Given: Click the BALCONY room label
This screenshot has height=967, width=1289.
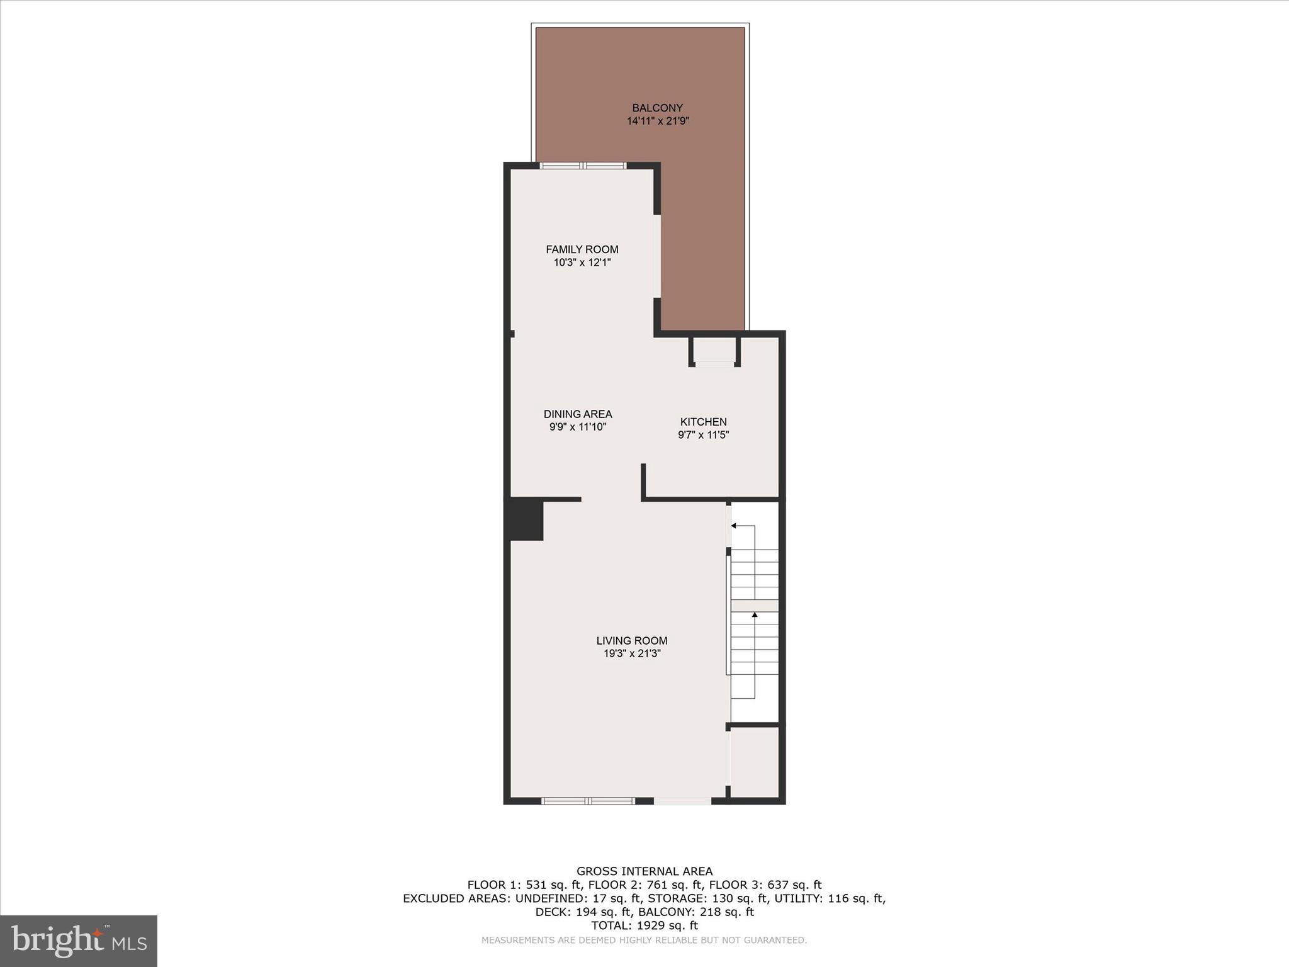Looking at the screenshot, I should click(657, 108).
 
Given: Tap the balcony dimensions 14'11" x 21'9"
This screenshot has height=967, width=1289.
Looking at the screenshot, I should click(658, 121).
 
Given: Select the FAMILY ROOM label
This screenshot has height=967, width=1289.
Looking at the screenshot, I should click(582, 249).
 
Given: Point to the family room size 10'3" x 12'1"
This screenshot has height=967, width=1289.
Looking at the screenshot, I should click(582, 263).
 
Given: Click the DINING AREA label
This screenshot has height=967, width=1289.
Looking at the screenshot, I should click(578, 414).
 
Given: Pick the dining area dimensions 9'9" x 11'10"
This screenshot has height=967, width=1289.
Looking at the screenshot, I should click(578, 427).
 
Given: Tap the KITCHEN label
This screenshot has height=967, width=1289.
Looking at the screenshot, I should click(703, 422).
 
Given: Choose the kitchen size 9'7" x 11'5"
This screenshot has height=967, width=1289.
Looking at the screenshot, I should click(703, 434).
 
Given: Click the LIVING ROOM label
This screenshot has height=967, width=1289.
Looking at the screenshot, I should click(632, 641).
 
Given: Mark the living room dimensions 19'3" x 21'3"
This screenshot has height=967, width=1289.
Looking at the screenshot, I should click(632, 653).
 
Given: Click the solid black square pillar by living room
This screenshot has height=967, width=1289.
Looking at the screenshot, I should click(526, 519).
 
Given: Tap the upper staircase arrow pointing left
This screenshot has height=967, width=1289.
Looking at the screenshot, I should click(735, 526).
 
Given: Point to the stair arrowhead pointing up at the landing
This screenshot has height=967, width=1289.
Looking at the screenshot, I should click(754, 614).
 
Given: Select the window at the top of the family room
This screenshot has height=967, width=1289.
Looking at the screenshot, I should click(583, 166).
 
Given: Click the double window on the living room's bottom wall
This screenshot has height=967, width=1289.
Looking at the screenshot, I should click(588, 801).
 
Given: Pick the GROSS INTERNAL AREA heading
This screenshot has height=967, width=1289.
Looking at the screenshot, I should click(644, 871).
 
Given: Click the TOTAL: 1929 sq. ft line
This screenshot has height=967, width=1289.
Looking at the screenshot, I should click(644, 925).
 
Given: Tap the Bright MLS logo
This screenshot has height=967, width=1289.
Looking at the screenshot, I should click(79, 941).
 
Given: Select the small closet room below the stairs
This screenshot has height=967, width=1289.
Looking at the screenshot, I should click(754, 763).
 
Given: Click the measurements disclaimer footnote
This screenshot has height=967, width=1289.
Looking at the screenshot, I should click(644, 941).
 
